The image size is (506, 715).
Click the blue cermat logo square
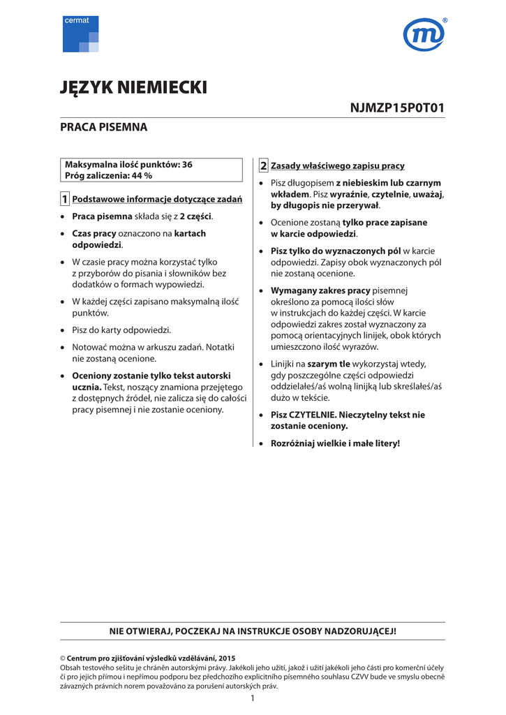[x=80, y=34]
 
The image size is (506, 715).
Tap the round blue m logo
[x=423, y=35]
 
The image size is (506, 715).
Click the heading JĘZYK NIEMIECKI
[x=134, y=87]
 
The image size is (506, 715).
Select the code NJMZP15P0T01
[x=397, y=108]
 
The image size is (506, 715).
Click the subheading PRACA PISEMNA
[x=104, y=128]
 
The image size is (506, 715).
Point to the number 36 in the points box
[x=186, y=165]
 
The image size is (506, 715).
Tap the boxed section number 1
[x=65, y=200]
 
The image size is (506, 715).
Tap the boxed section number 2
[x=263, y=165]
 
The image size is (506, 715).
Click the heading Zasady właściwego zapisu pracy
[x=338, y=166]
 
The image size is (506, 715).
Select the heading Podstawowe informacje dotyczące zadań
[x=158, y=200]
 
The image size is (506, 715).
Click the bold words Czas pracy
[x=94, y=233]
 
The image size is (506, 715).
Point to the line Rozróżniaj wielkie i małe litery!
[x=335, y=443]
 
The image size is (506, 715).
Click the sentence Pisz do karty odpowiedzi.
[x=121, y=330]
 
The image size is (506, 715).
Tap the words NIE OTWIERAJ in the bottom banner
[x=140, y=631]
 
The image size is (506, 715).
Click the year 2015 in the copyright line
[x=226, y=658]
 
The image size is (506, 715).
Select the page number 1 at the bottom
[x=253, y=699]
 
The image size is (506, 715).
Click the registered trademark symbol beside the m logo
[x=445, y=21]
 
